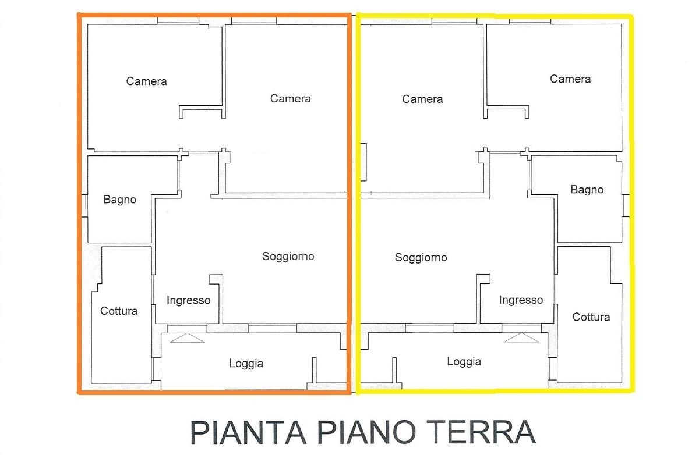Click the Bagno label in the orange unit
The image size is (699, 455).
click(120, 200)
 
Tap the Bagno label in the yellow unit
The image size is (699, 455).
click(587, 190)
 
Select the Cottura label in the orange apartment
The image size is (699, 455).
click(119, 311)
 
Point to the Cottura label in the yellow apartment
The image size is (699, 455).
click(591, 317)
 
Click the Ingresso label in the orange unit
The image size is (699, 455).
click(189, 300)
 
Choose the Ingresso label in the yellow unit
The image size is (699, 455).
click(521, 300)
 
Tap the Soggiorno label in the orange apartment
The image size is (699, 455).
click(288, 257)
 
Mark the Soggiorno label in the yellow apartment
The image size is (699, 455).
click(421, 257)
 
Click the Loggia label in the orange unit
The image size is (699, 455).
click(246, 364)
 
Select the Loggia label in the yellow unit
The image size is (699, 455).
click(464, 362)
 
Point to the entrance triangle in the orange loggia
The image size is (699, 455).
click(187, 338)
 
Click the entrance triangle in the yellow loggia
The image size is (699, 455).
click(521, 337)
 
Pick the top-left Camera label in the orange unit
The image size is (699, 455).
click(146, 81)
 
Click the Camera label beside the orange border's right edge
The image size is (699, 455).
click(290, 99)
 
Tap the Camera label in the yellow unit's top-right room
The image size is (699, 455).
click(570, 79)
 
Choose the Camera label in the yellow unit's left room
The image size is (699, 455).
click(422, 99)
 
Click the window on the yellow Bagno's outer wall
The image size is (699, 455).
click(626, 206)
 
